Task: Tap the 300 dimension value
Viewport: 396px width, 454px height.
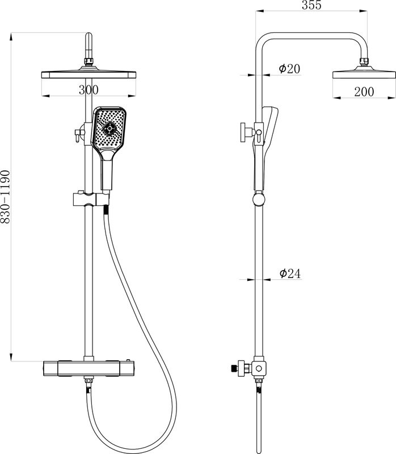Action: point(89,90)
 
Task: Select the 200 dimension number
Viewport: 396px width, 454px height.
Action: point(364,92)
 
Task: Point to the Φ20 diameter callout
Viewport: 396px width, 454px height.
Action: point(289,69)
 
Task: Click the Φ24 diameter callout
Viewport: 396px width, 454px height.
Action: point(289,274)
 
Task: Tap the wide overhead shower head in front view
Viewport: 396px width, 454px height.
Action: point(89,75)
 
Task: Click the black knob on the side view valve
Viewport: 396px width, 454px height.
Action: point(233,368)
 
